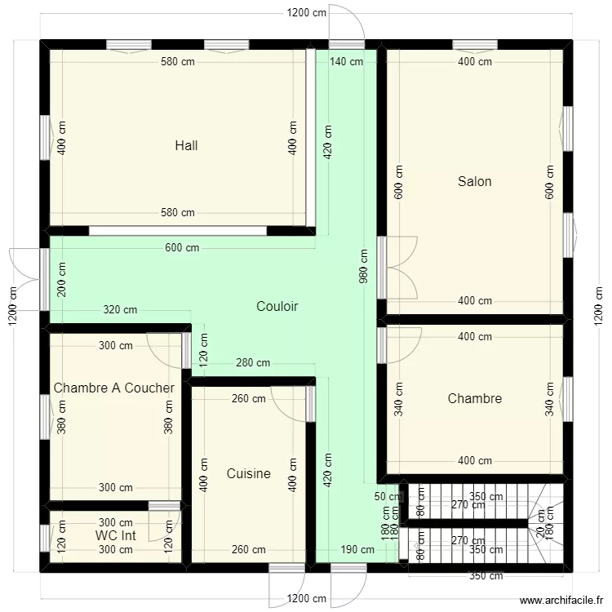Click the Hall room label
(x=186, y=146)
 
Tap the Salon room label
(x=474, y=181)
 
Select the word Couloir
(x=277, y=307)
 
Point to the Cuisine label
(x=248, y=474)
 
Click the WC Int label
(x=115, y=535)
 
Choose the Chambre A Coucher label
(x=113, y=388)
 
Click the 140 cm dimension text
(x=346, y=62)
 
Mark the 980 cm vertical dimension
(x=363, y=265)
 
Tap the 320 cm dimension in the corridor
(x=120, y=310)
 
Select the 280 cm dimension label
(x=252, y=362)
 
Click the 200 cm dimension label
(x=63, y=278)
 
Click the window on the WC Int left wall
(x=44, y=537)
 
